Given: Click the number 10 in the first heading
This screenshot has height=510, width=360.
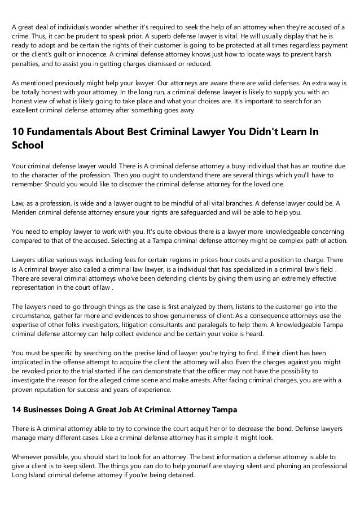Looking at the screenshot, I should [18, 132].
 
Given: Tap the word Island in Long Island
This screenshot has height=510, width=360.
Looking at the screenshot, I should [39, 475].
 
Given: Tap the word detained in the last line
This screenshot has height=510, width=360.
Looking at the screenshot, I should [181, 475].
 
